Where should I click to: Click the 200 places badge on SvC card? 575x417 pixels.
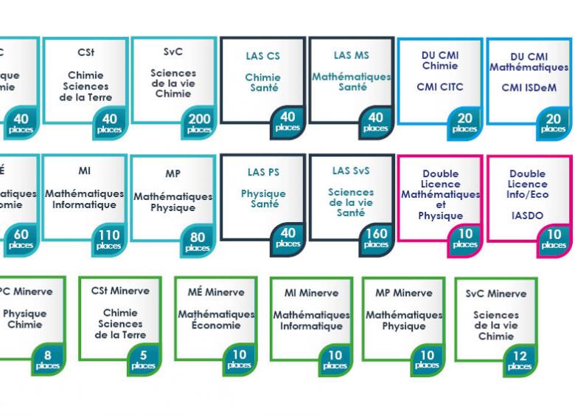(199, 123)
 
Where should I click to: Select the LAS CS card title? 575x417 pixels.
(262, 56)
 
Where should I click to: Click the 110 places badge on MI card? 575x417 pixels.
(109, 240)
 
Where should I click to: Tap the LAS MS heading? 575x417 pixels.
(351, 55)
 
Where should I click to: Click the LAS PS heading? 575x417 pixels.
(262, 172)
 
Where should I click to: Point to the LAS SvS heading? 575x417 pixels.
(351, 171)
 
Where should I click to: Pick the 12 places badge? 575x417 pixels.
(520, 361)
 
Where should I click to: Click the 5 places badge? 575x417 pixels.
(143, 359)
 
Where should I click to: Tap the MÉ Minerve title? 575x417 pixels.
(216, 292)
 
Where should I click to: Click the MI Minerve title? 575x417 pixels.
(311, 293)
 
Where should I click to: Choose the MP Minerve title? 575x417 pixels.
(404, 293)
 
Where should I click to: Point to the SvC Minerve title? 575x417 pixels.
(496, 293)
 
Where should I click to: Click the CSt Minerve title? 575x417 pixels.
(120, 291)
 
